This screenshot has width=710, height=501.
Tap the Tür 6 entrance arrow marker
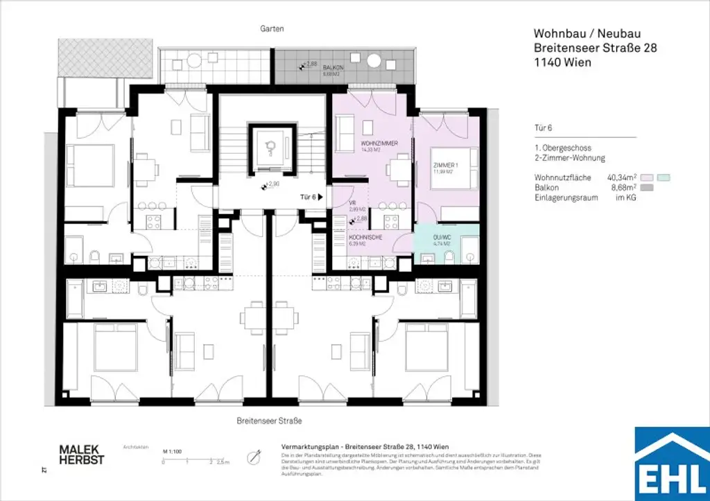point(321,197)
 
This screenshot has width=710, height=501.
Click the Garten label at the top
point(272,29)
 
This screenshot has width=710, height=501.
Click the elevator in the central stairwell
point(271,146)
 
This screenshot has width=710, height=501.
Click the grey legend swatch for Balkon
point(647,188)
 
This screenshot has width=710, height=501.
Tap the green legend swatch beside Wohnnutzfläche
point(664,178)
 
